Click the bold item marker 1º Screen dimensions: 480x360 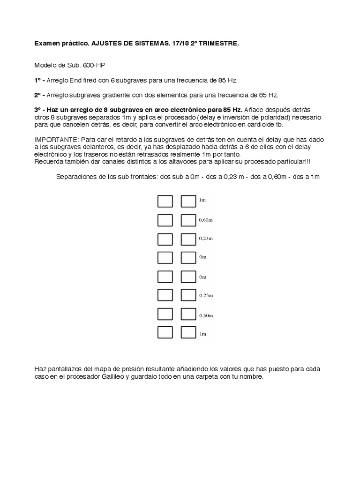click(x=38, y=80)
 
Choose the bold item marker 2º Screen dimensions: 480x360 click(x=38, y=95)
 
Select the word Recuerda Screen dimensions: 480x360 click(x=49, y=161)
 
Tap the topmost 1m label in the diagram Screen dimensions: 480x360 click(x=202, y=201)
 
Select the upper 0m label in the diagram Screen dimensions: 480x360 click(x=202, y=257)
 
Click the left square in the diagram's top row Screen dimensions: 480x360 click(x=165, y=202)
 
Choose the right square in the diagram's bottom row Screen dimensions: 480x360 click(x=188, y=333)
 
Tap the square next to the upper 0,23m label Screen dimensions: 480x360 click(x=188, y=239)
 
